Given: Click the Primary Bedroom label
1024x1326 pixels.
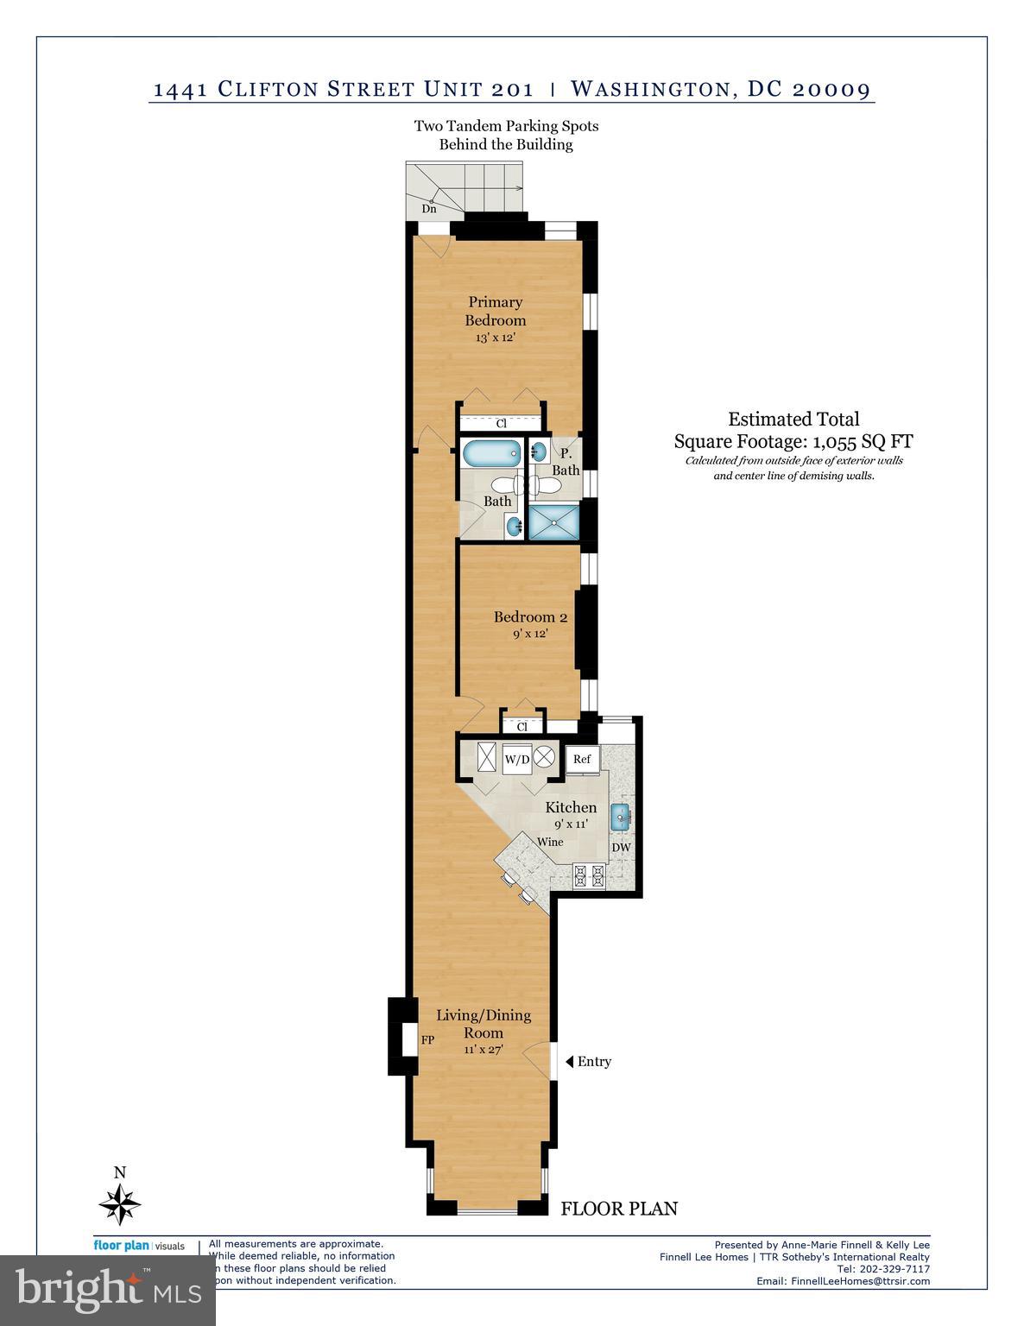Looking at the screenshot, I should pyautogui.click(x=495, y=311).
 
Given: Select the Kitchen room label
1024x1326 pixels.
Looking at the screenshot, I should pyautogui.click(x=571, y=808).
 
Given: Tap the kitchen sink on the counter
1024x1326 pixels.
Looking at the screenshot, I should pyautogui.click(x=621, y=816).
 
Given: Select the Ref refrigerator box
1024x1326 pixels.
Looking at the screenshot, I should pyautogui.click(x=582, y=759).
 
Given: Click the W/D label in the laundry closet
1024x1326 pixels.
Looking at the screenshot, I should pyautogui.click(x=516, y=760).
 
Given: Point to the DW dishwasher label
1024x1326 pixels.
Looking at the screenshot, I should pyautogui.click(x=621, y=848).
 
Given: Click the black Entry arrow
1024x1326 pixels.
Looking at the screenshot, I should pyautogui.click(x=569, y=1061).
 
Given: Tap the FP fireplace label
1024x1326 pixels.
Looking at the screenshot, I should pyautogui.click(x=427, y=1040).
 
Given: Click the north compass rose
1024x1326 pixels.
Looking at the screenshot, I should pyautogui.click(x=120, y=1203).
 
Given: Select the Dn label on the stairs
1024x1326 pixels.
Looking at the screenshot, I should pyautogui.click(x=428, y=209).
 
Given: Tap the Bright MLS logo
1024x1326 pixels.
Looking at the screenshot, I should pyautogui.click(x=108, y=1290).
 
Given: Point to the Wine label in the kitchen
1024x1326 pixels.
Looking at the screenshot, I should pyautogui.click(x=550, y=842).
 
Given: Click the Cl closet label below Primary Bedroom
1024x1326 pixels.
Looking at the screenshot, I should pyautogui.click(x=501, y=424).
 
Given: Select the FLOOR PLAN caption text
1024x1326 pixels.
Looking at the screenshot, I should pyautogui.click(x=619, y=1209).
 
